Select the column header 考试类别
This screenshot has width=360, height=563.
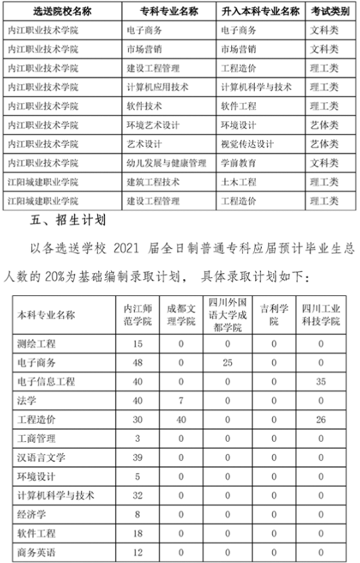point(325,12)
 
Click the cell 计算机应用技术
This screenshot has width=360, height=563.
point(157,87)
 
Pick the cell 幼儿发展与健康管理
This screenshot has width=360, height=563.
point(166,163)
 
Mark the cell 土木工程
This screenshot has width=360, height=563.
point(239,182)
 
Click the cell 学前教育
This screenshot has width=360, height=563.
point(239,163)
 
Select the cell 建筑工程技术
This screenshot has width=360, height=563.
point(153,182)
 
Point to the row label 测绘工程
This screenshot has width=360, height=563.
point(37,343)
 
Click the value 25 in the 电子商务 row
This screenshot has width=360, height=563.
point(228,362)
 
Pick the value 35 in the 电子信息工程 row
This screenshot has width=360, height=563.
point(321,381)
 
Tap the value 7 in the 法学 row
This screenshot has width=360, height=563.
point(181,400)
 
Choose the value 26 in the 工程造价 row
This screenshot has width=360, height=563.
point(321,419)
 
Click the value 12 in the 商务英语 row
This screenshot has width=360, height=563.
point(138,552)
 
